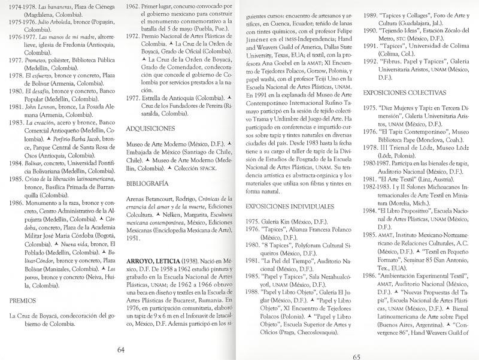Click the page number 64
(120, 350)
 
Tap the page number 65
(356, 350)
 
